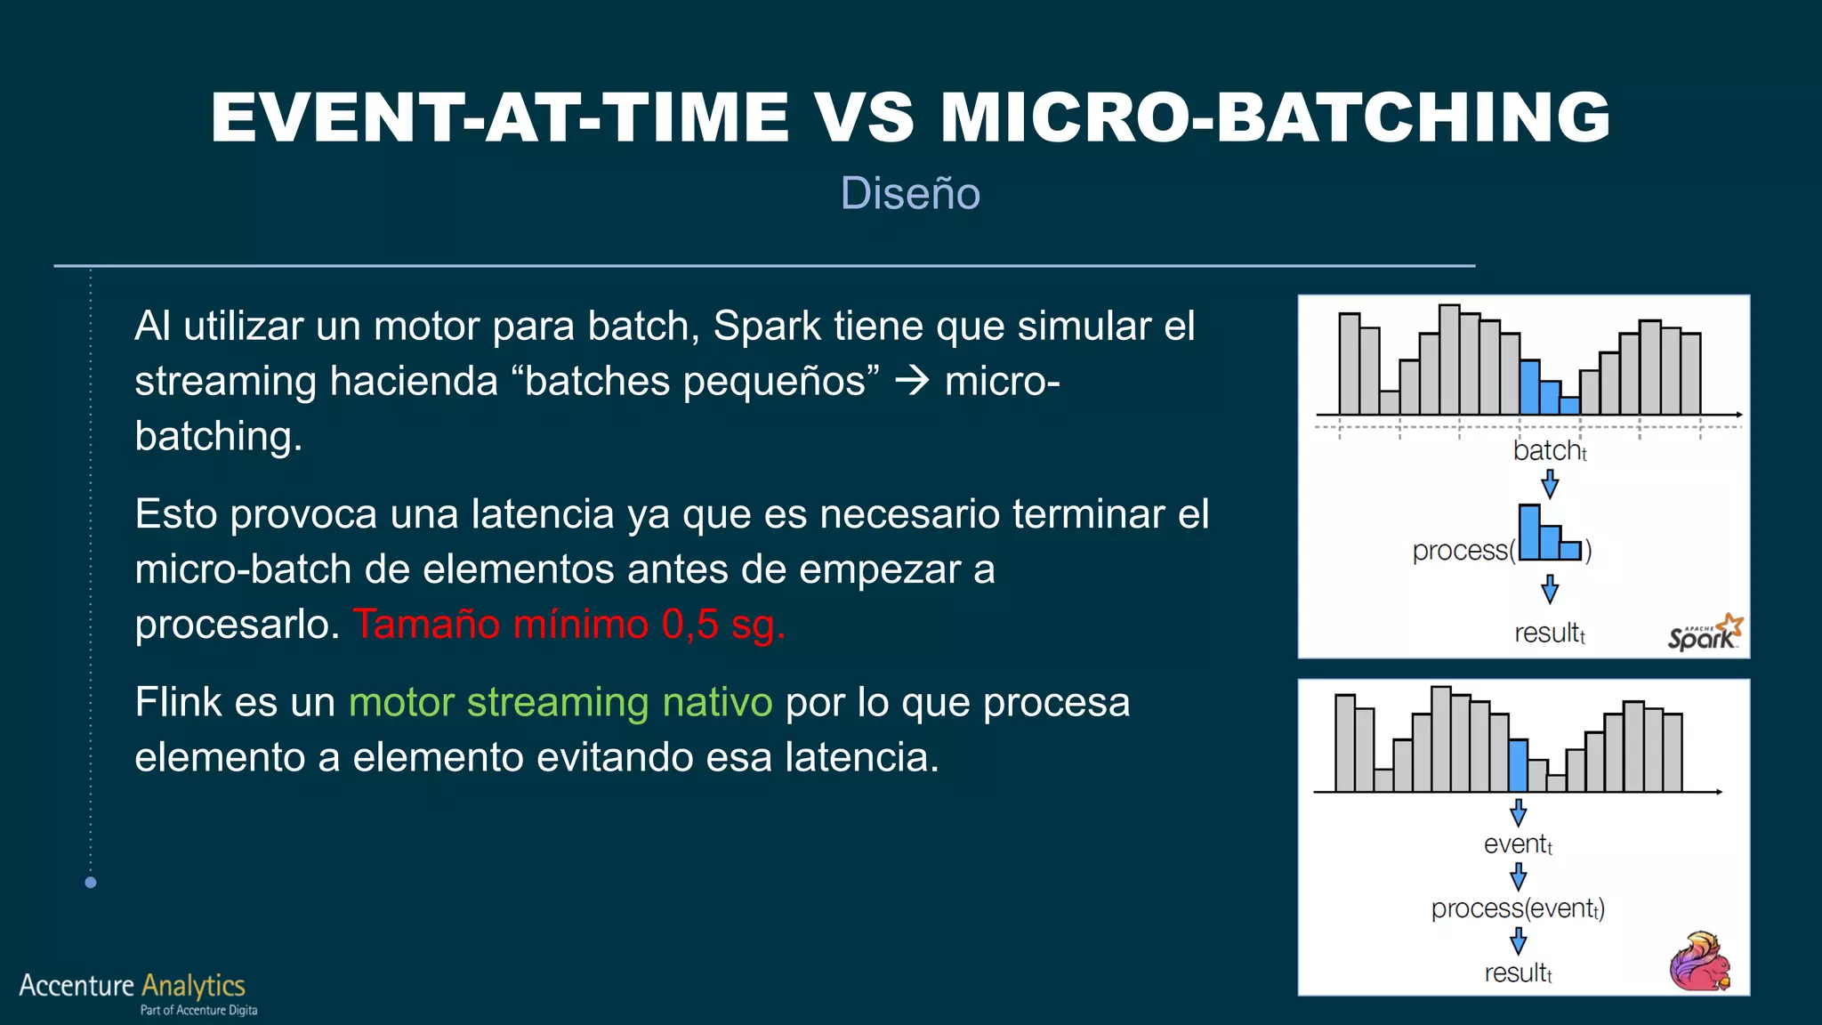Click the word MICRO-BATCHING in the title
[x=1274, y=117]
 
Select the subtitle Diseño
[x=910, y=193]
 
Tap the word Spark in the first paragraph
[x=767, y=326]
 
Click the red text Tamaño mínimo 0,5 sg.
[x=569, y=624]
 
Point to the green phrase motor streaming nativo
[x=560, y=702]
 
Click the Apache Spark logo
[x=1705, y=633]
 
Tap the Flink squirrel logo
[x=1700, y=962]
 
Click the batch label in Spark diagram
[x=1549, y=451]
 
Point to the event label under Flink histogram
[x=1518, y=844]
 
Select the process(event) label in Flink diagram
[x=1518, y=908]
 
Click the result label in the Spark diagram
[x=1549, y=633]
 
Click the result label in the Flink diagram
[x=1518, y=973]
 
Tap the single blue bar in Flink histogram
[x=1518, y=766]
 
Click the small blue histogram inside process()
[x=1549, y=534]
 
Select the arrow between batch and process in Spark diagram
[x=1550, y=484]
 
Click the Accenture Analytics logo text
[x=133, y=985]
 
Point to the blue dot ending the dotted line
[x=90, y=883]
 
